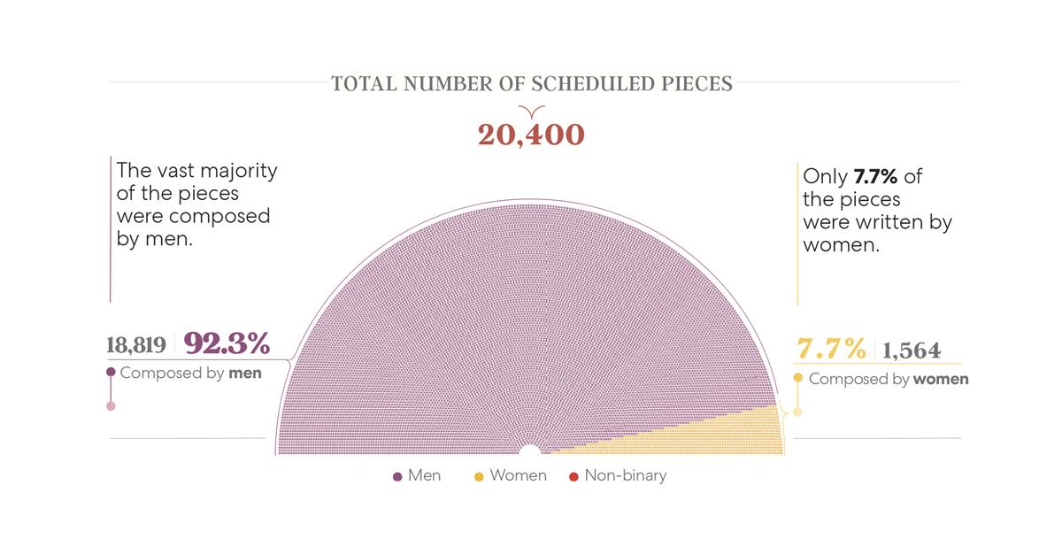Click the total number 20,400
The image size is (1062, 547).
(x=531, y=135)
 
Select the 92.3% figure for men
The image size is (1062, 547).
(x=227, y=343)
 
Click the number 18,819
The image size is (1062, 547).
(x=136, y=344)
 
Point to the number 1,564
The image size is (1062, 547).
(x=912, y=350)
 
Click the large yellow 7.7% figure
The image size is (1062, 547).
(x=831, y=349)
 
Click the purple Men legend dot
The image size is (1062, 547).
(x=397, y=476)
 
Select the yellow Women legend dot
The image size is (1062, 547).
(x=479, y=476)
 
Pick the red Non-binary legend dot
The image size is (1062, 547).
(x=573, y=476)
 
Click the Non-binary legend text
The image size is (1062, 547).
(x=625, y=475)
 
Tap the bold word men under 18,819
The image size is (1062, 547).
(x=245, y=373)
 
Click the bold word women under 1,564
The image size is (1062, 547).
(x=941, y=379)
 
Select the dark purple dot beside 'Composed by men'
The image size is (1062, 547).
(x=111, y=373)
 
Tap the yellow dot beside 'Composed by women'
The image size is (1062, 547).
(x=797, y=379)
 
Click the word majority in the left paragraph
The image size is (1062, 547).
(x=235, y=171)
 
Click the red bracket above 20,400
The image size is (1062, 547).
(x=531, y=112)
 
